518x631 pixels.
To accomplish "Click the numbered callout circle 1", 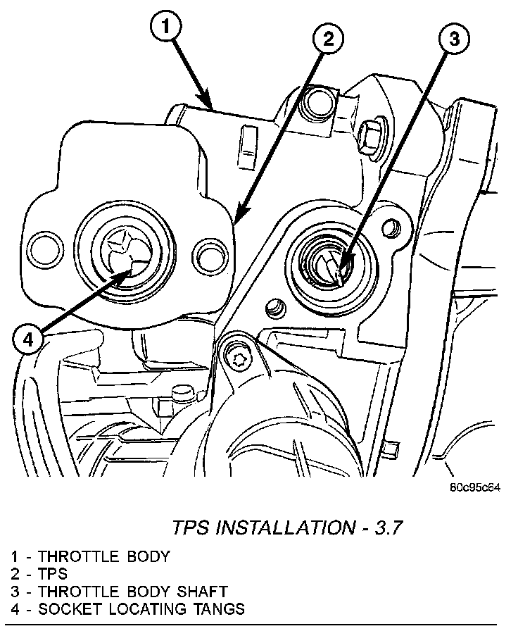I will point(164,29).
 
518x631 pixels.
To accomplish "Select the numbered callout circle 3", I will point(455,41).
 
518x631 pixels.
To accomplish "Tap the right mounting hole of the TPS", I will point(208,250).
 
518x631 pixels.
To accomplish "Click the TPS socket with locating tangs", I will point(123,250).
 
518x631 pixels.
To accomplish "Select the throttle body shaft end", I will point(329,265).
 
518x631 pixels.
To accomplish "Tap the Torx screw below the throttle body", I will point(240,360).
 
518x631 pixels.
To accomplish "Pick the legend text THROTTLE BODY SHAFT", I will point(133,591).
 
